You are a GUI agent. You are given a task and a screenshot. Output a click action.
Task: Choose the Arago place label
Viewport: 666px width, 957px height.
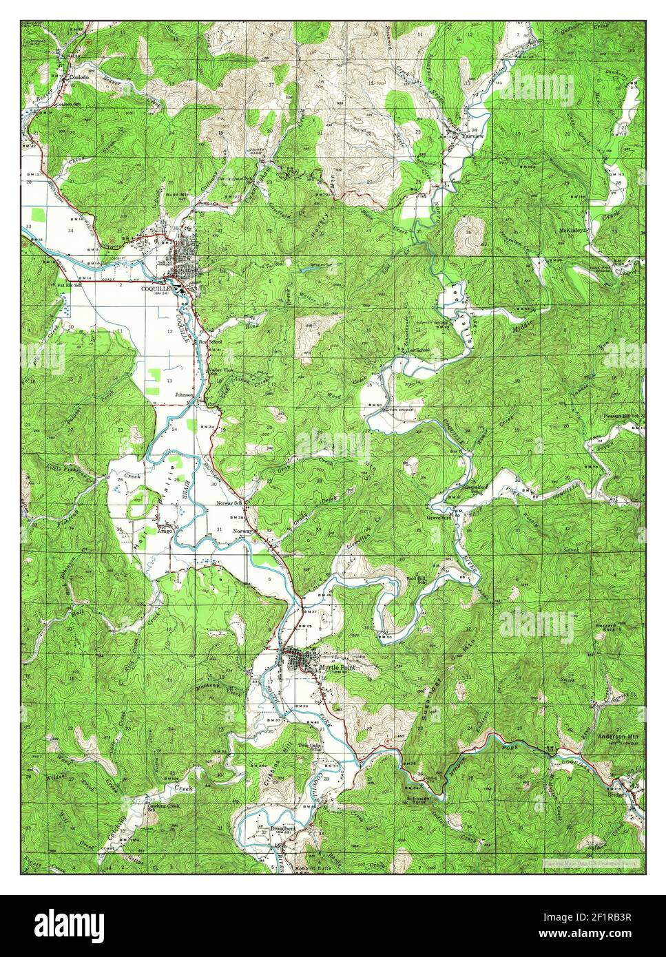tap(165, 531)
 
